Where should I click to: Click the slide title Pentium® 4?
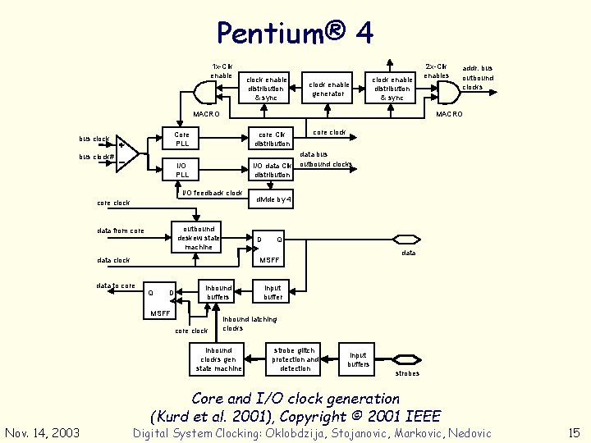pyautogui.click(x=295, y=33)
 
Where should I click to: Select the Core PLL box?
pyautogui.click(x=182, y=139)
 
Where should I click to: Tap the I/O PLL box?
pyautogui.click(x=182, y=170)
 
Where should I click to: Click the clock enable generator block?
pyautogui.click(x=328, y=89)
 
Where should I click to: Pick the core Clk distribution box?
pyautogui.click(x=272, y=139)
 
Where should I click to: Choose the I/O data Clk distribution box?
pyautogui.click(x=272, y=170)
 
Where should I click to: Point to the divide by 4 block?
pyautogui.click(x=273, y=199)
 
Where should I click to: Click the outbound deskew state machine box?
pyautogui.click(x=198, y=237)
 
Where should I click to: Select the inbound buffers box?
pyautogui.click(x=218, y=292)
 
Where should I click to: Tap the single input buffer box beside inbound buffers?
pyautogui.click(x=273, y=292)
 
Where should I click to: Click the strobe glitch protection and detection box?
pyautogui.click(x=295, y=359)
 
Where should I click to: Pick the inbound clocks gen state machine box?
pyautogui.click(x=218, y=359)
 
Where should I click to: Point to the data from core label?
pyautogui.click(x=120, y=231)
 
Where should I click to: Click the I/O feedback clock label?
pyautogui.click(x=212, y=193)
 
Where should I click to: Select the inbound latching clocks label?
pyautogui.click(x=250, y=323)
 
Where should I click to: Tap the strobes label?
pyautogui.click(x=407, y=373)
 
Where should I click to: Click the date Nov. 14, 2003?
pyautogui.click(x=43, y=432)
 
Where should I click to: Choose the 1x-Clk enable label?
pyautogui.click(x=222, y=71)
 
